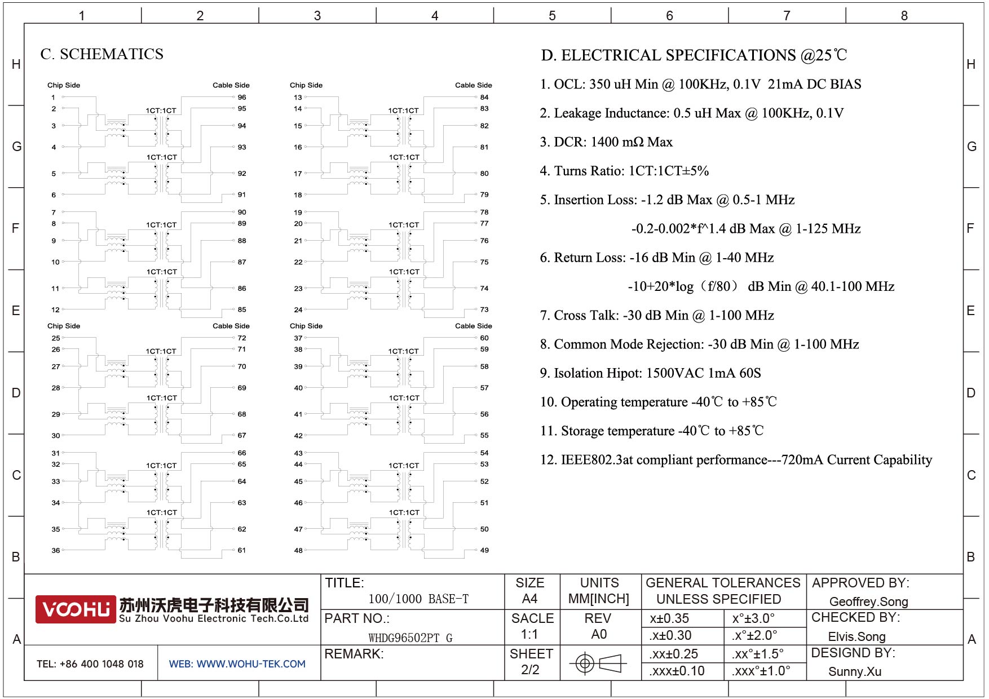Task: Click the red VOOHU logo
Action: pyautogui.click(x=76, y=609)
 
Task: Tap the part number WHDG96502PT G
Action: pyautogui.click(x=410, y=638)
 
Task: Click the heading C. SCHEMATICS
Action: pyautogui.click(x=102, y=54)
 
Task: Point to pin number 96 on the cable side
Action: pyautogui.click(x=242, y=98)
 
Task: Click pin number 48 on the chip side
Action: pyautogui.click(x=298, y=550)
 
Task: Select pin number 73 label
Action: pyautogui.click(x=484, y=309)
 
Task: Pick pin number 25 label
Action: pyautogui.click(x=56, y=338)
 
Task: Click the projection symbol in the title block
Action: pyautogui.click(x=598, y=663)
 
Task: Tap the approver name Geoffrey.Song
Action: pyautogui.click(x=868, y=601)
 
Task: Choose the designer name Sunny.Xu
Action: pyautogui.click(x=854, y=671)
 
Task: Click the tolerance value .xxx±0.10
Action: pyautogui.click(x=677, y=671)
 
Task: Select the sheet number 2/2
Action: pyautogui.click(x=530, y=670)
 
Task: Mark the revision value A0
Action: pyautogui.click(x=599, y=634)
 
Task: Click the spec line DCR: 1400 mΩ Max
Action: pyautogui.click(x=606, y=142)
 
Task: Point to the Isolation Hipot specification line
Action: pyautogui.click(x=650, y=373)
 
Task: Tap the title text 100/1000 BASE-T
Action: pyautogui.click(x=418, y=599)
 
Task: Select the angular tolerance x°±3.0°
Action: pyautogui.click(x=753, y=618)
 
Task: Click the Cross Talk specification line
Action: pyautogui.click(x=657, y=316)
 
